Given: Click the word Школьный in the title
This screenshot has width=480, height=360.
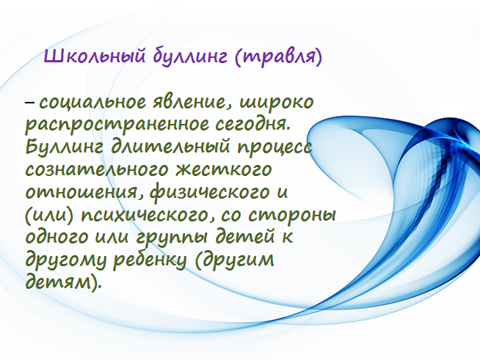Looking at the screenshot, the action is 94,56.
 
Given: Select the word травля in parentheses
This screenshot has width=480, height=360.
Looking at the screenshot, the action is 277,57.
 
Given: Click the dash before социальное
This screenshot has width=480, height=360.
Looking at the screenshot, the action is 29,103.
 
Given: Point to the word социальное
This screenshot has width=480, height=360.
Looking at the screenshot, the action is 92,102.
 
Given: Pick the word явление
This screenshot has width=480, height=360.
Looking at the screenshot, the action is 192,102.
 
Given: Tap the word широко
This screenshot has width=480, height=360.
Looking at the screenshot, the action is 277,103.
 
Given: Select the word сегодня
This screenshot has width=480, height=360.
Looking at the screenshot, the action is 252,125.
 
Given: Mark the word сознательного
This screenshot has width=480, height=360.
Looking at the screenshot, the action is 97,170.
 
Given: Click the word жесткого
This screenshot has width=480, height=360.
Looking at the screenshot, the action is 224,170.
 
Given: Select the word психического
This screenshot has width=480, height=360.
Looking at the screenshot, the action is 147,216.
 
